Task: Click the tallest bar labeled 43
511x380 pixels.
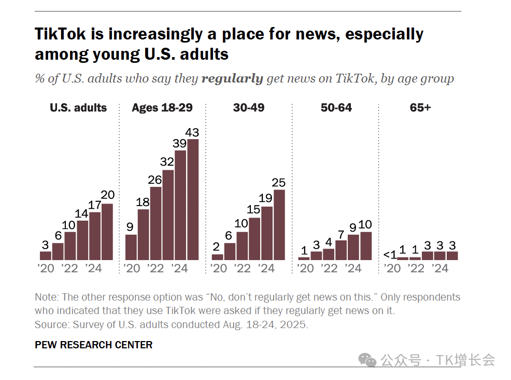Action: coord(193,199)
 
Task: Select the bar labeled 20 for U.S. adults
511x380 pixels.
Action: coord(107,232)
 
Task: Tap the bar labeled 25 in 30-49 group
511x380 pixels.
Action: coord(279,225)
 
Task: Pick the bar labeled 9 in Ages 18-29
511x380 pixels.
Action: coord(131,247)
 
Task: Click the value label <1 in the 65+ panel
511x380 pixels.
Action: coord(390,254)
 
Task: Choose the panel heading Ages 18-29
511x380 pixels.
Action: coord(162,108)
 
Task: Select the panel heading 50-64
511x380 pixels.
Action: coord(336,108)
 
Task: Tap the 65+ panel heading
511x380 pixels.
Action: coord(420,108)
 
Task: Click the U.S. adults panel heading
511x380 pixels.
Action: coord(78,108)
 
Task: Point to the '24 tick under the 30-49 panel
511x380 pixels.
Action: coord(266,268)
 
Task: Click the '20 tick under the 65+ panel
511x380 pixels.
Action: coord(392,268)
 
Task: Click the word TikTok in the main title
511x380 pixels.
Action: coord(62,34)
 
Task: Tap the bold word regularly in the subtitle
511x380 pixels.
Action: coord(232,79)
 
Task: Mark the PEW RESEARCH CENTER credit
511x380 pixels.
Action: coord(93,345)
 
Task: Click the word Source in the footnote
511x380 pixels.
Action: coord(50,325)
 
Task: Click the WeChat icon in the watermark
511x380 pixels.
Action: coord(368,360)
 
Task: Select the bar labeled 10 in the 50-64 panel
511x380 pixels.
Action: coord(365,246)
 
